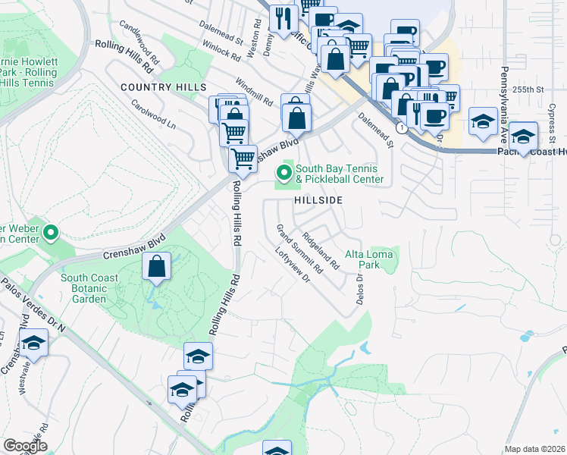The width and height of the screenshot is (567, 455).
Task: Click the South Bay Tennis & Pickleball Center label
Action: pos(339,174)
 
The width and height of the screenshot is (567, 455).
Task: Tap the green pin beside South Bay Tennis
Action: pos(285,173)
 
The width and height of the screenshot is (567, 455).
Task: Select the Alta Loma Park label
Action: pos(369,259)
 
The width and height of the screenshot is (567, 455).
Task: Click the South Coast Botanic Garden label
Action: pos(89,288)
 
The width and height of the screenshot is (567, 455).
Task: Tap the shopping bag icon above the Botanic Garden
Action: pos(156,267)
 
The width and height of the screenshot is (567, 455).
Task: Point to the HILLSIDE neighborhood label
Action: pos(319,200)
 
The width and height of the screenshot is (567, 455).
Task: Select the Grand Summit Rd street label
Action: pos(299,249)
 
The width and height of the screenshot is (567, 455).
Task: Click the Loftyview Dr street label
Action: pos(293,266)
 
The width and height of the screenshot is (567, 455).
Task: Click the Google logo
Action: pos(25,446)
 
